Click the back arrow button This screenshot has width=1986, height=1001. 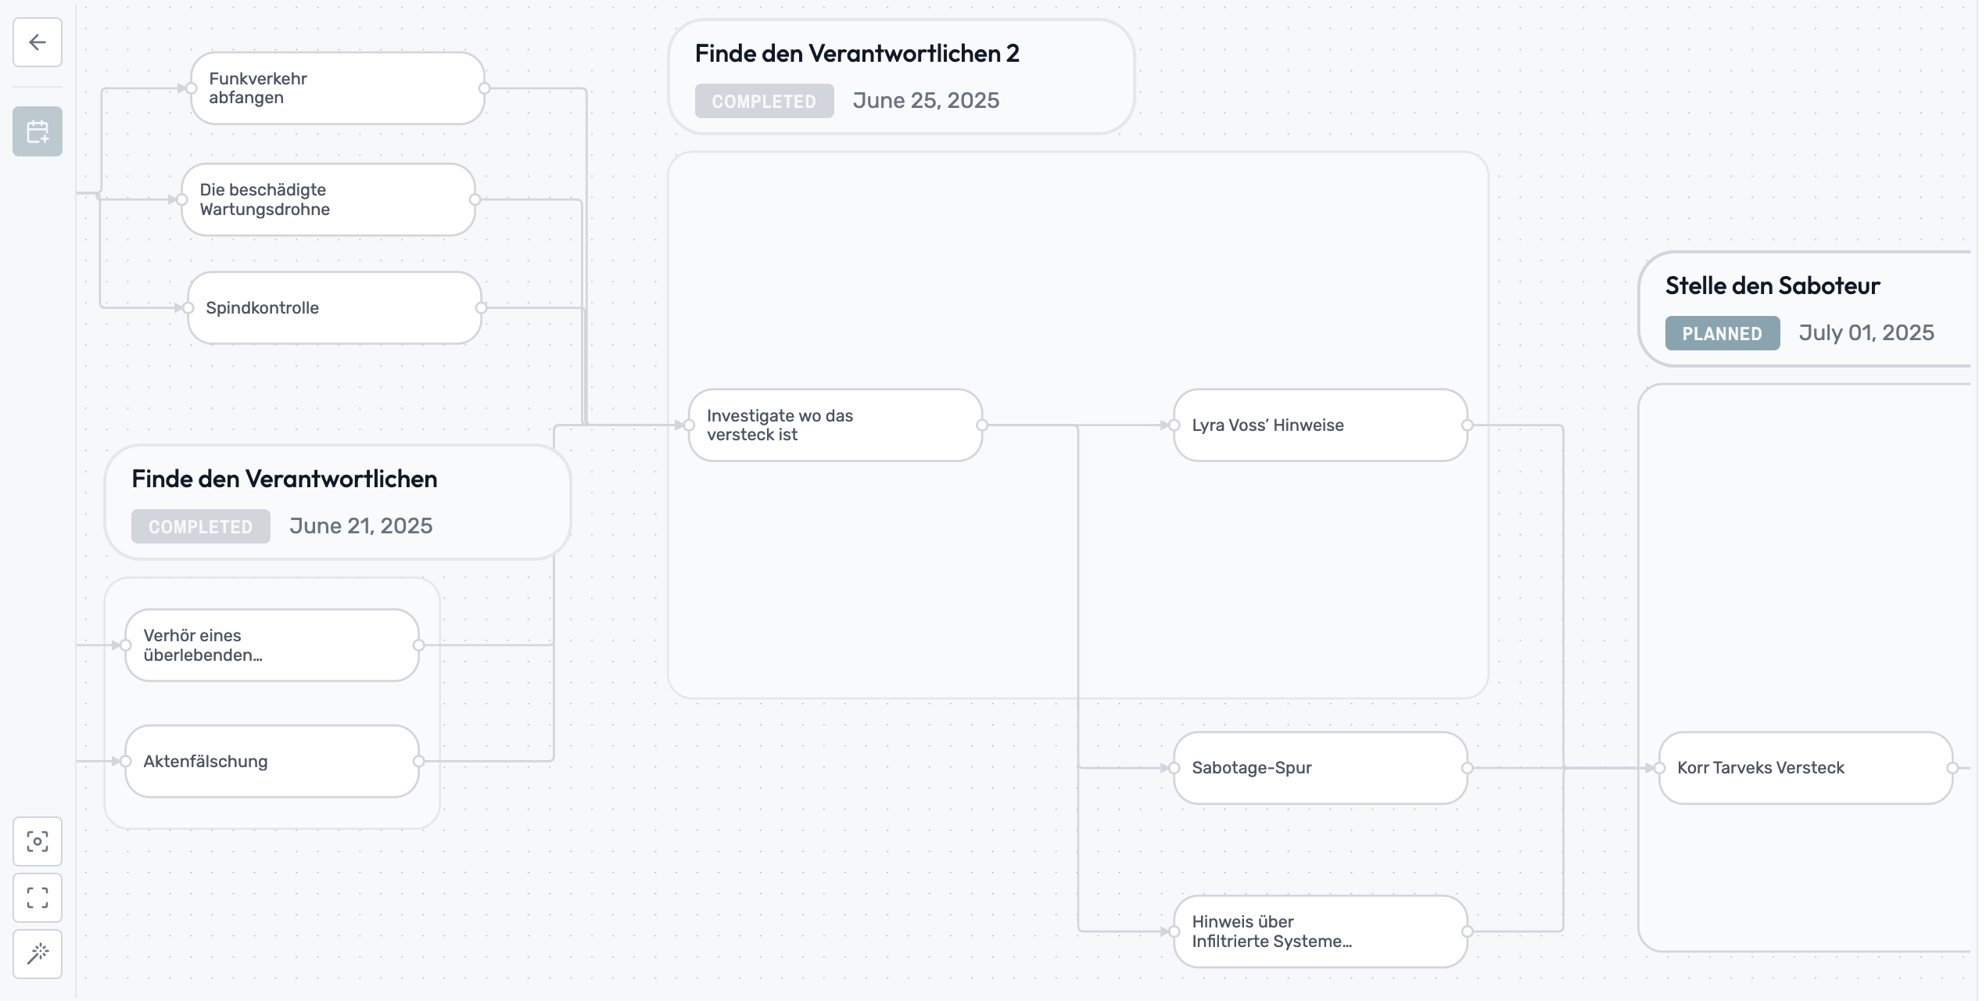point(38,42)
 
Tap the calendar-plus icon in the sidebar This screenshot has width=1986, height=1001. point(38,131)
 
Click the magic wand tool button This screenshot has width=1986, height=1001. point(38,953)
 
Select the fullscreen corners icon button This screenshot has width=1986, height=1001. point(38,897)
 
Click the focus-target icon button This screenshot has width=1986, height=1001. point(38,841)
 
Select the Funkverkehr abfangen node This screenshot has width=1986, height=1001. point(337,88)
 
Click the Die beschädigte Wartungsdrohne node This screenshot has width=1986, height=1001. point(328,199)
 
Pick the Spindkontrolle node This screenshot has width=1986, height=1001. point(334,308)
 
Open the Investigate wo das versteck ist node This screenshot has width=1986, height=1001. point(834,425)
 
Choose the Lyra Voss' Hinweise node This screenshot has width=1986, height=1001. point(1320,425)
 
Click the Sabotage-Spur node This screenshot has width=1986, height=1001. point(1320,768)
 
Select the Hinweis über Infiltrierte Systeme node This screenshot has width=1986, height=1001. point(1320,931)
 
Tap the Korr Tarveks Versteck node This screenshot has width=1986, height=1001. point(1805,768)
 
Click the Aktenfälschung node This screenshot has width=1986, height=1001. point(271,762)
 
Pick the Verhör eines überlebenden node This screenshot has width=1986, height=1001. point(271,645)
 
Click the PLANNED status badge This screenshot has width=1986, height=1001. point(1722,334)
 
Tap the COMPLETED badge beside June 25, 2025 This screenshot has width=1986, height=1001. point(764,102)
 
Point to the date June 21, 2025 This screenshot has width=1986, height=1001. point(360,526)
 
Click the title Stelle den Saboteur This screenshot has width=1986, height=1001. point(1772,285)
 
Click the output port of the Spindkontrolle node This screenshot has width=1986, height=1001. point(481,308)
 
